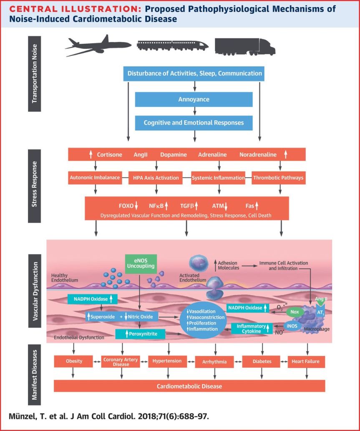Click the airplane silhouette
pyautogui.click(x=98, y=46)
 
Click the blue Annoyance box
pyautogui.click(x=194, y=100)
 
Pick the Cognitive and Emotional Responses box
pyautogui.click(x=194, y=123)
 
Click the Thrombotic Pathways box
pyautogui.click(x=279, y=178)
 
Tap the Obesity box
pyautogui.click(x=74, y=361)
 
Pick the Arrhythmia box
pyautogui.click(x=216, y=362)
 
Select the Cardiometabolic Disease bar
pyautogui.click(x=189, y=386)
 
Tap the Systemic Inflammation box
pyautogui.click(x=218, y=178)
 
